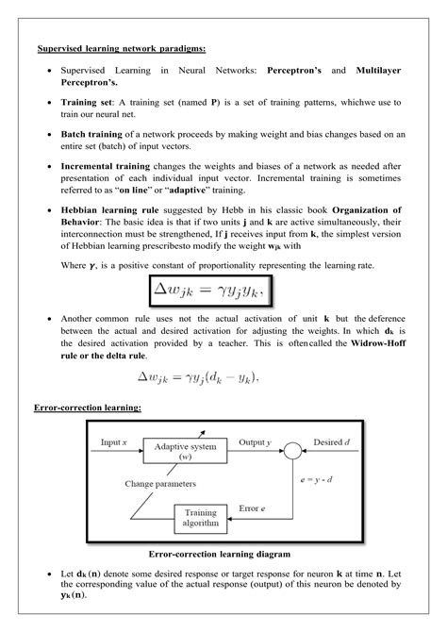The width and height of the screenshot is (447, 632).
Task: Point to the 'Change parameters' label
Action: [x=159, y=484]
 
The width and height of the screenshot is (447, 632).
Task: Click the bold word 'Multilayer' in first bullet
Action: [x=379, y=71]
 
